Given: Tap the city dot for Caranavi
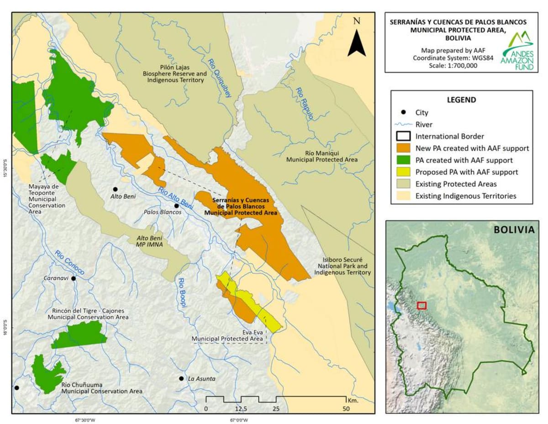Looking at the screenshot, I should (x=73, y=278).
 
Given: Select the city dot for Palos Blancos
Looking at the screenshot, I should (x=176, y=206).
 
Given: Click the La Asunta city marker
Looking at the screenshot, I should (x=181, y=379).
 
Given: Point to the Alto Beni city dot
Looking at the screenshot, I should (x=115, y=189).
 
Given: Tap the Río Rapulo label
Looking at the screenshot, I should (x=304, y=104).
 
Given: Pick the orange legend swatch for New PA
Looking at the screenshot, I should (x=403, y=148).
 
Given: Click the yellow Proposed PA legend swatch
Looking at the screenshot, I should (x=403, y=172).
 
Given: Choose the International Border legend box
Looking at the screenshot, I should (x=403, y=136).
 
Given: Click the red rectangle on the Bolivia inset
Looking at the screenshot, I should (x=422, y=305).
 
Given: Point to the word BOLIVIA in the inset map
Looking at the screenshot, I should (x=513, y=229).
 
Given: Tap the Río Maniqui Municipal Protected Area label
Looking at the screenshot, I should (x=321, y=156).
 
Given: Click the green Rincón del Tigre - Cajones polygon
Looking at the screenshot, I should (x=80, y=335).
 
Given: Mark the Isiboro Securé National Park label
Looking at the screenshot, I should (x=342, y=265).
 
